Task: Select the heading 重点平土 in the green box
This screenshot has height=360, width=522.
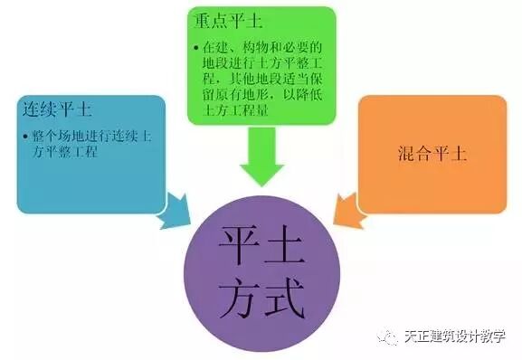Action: click(x=223, y=20)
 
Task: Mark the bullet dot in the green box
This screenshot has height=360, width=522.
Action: click(x=197, y=44)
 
